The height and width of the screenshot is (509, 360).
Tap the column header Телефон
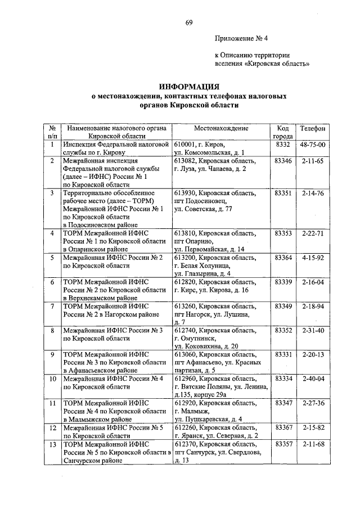point(313,129)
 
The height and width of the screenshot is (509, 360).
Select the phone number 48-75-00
point(313,145)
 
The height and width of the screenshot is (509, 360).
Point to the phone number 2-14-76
point(313,193)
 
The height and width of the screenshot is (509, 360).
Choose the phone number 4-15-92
point(313,257)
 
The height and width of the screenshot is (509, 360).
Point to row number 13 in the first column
point(52,444)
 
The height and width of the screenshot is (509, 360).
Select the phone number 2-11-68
point(313,444)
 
